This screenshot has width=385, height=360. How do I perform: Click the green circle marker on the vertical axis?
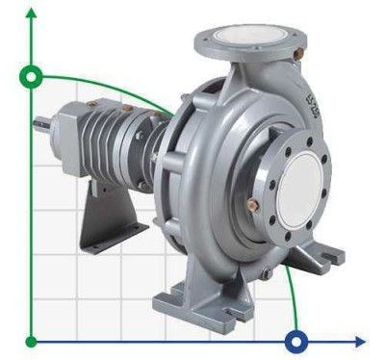tap(32, 75)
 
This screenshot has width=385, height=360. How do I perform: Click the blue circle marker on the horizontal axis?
tap(296, 341)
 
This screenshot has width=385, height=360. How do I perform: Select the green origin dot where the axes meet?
tap(32, 341)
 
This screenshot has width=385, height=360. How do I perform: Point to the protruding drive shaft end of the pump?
tap(42, 123)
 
